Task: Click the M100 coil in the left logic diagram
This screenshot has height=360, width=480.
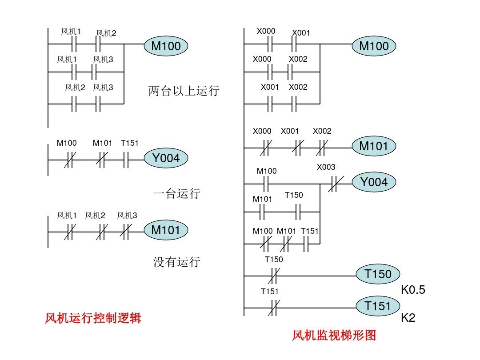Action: click(166, 45)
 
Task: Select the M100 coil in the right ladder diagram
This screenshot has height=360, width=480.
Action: click(373, 46)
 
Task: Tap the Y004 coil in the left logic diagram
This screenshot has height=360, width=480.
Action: click(166, 158)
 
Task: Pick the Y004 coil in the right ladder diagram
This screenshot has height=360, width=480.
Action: click(373, 182)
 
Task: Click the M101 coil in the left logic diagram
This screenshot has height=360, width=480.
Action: click(166, 230)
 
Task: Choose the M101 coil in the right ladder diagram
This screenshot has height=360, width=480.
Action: click(373, 146)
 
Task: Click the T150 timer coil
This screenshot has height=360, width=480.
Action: click(378, 274)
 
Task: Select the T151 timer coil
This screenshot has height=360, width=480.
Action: click(378, 306)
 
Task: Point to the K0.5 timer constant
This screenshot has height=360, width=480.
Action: click(413, 290)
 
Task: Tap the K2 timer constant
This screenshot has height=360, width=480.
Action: click(408, 318)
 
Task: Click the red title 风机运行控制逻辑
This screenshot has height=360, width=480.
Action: click(93, 318)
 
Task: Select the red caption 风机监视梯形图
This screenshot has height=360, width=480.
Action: click(334, 335)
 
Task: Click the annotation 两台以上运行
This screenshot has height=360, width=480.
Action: click(184, 92)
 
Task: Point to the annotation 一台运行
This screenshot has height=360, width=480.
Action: click(177, 194)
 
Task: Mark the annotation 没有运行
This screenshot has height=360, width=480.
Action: click(177, 262)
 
